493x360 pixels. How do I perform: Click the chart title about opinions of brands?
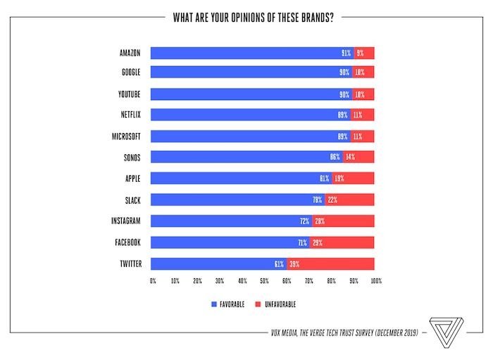point(253,17)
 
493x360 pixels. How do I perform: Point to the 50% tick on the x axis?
point(264,281)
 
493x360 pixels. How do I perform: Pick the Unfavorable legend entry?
point(277,304)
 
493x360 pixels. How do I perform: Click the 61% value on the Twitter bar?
point(279,264)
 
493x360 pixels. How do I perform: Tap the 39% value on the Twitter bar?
point(294,264)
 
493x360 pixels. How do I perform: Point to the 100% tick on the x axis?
point(376,281)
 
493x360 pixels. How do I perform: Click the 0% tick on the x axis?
point(153,281)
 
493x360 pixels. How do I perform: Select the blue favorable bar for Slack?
point(236,199)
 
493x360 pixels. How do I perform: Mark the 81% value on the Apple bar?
point(324,178)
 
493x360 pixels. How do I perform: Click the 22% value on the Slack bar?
point(332,199)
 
